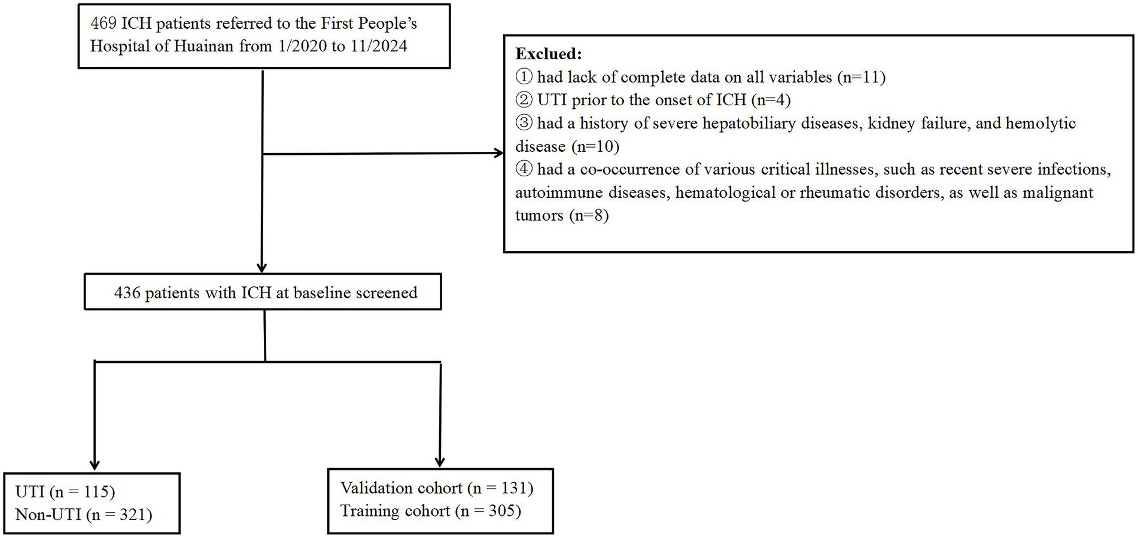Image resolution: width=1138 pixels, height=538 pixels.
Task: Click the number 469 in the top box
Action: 103,23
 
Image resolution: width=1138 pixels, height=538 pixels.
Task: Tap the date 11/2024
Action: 379,46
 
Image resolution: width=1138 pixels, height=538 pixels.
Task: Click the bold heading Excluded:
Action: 548,54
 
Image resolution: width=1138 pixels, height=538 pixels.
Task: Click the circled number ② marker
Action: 524,100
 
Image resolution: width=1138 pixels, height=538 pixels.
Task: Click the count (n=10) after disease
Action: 595,146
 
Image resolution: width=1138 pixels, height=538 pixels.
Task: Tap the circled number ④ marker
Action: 524,169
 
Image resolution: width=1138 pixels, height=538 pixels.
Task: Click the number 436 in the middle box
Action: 127,293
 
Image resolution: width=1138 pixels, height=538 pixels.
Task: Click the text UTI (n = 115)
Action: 65,491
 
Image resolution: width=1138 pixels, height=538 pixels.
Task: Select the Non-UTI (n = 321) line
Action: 84,514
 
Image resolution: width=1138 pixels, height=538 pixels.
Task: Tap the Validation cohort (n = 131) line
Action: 436,488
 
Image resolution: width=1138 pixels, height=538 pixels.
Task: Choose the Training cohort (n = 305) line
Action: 430,511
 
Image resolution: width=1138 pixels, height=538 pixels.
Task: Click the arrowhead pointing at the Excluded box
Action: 498,154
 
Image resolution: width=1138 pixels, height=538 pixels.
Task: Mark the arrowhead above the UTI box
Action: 95,464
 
